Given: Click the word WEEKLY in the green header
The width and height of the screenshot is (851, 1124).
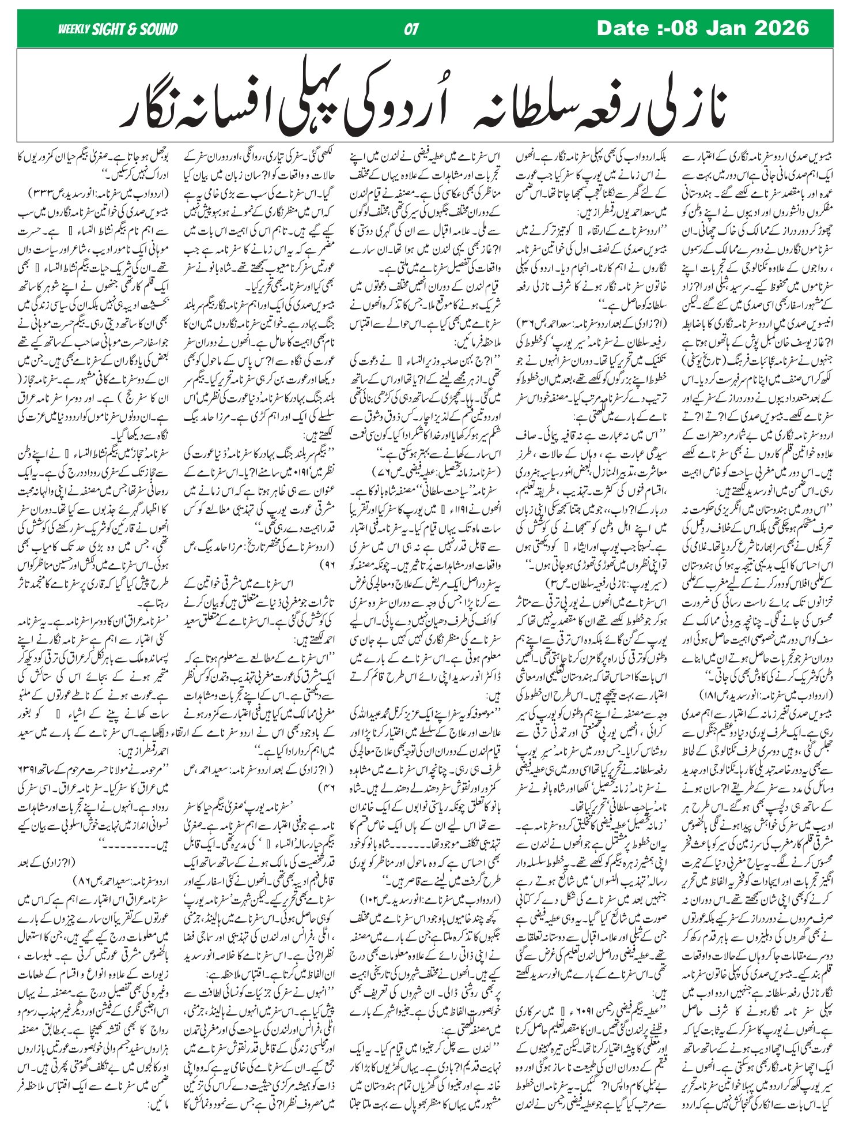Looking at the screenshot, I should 74,29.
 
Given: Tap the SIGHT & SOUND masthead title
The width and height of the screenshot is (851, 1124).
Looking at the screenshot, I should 134,29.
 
